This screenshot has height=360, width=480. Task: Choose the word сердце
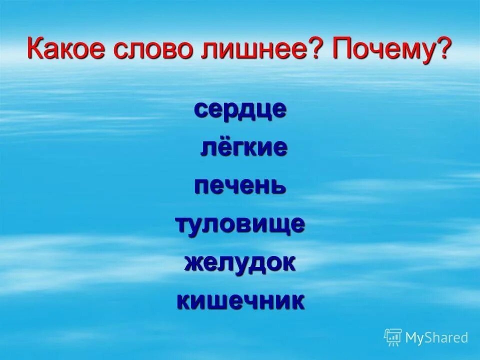[240, 109]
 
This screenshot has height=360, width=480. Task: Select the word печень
[240, 186]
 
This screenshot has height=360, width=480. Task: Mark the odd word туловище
[240, 224]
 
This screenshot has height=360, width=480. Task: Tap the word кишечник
[240, 301]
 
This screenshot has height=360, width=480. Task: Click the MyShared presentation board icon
[393, 337]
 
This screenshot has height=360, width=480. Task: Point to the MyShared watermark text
[436, 338]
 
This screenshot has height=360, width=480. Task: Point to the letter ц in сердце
[264, 110]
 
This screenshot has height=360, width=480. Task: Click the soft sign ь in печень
[278, 186]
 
